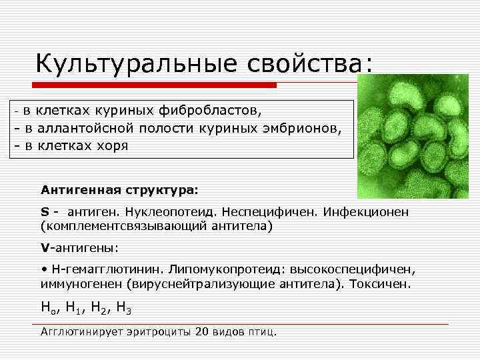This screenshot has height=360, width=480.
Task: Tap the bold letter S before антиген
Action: click(x=45, y=212)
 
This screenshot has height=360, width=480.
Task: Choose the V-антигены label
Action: click(x=79, y=248)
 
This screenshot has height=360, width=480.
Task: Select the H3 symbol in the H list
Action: click(x=123, y=308)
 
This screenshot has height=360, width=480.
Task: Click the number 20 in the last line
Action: click(x=203, y=331)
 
